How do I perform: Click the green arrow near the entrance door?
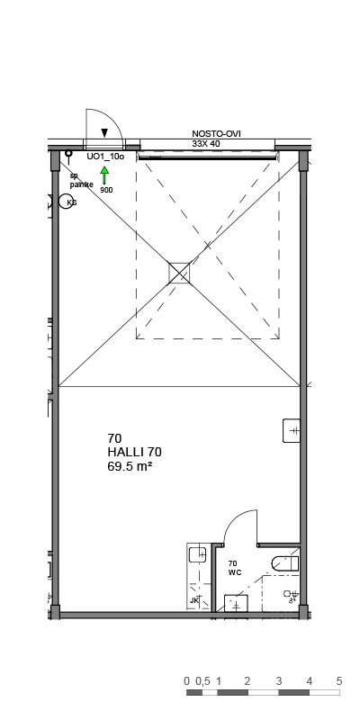point(104,175)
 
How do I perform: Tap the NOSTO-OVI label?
point(216,133)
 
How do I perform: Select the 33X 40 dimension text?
point(206,143)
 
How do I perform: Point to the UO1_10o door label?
point(105,157)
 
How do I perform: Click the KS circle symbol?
point(67,202)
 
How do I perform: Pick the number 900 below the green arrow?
point(106,190)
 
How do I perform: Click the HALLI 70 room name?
point(134,453)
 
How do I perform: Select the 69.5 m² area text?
point(130,466)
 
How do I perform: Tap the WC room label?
point(235,572)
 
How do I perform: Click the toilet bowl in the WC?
point(285,563)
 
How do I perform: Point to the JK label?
point(194,600)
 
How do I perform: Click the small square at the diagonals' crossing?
point(179,274)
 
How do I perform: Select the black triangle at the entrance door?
point(104,133)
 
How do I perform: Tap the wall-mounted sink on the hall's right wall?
point(292,431)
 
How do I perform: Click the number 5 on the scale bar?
point(339,681)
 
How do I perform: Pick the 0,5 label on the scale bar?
point(202,681)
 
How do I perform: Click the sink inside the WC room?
point(236,603)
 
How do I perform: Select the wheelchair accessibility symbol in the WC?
point(291,596)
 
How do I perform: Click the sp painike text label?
point(81,181)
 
